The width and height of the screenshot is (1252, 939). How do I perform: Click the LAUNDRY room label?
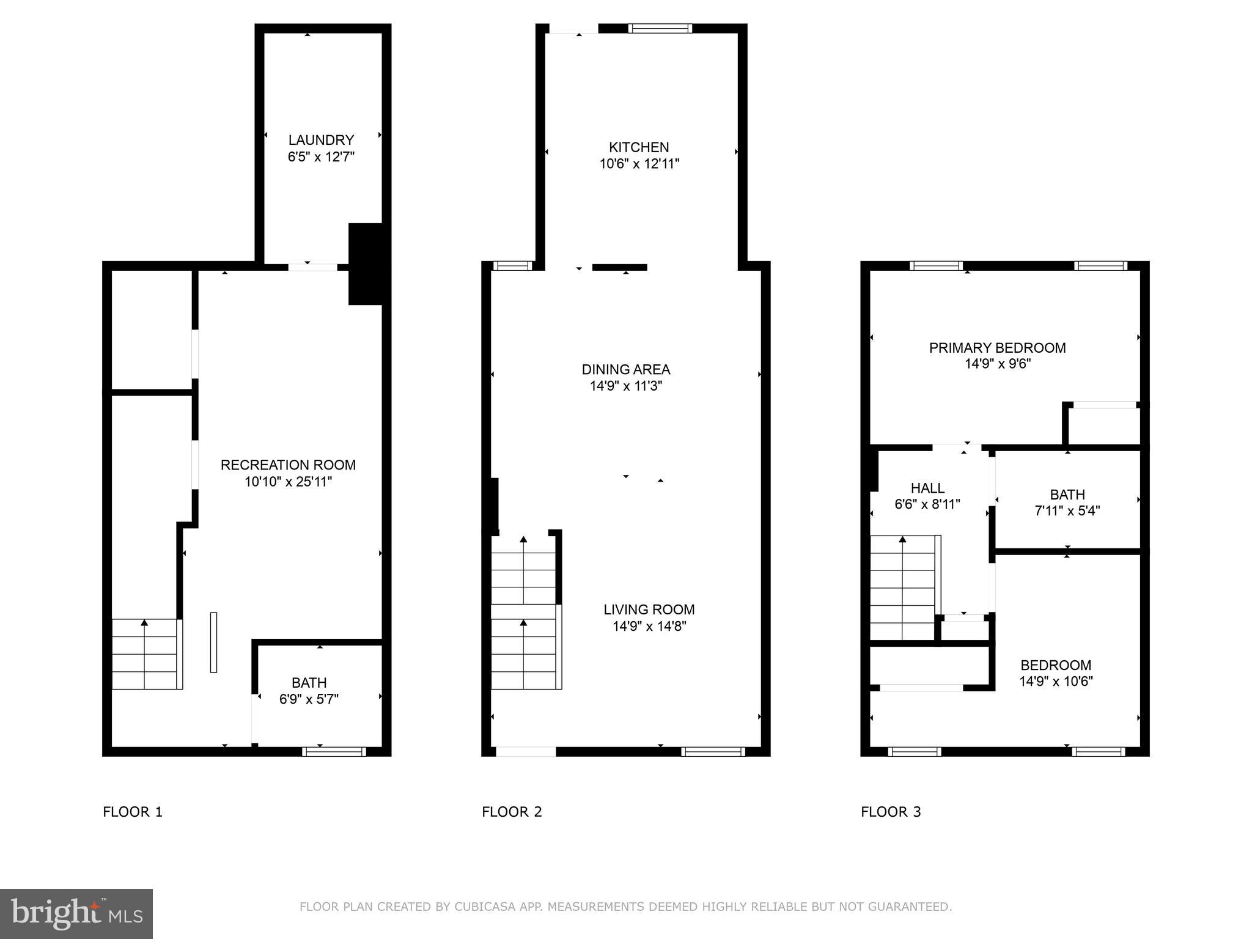coord(321,140)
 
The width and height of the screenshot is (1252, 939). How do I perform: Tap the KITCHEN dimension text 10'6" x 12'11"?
coord(639,164)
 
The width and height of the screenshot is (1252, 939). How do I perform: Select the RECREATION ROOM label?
coord(288,465)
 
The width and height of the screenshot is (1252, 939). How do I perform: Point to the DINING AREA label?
coord(625,369)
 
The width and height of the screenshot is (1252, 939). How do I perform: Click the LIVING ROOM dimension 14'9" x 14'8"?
coord(649,626)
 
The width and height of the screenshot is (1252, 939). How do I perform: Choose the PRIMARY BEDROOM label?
coord(997,348)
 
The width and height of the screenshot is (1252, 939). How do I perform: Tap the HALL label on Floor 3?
coord(927,488)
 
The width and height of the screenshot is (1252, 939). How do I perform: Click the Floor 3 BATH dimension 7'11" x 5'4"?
coord(1067,511)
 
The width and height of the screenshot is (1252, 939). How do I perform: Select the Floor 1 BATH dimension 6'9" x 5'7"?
coord(309,699)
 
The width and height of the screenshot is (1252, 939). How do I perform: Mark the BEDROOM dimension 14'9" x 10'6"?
coord(1056,681)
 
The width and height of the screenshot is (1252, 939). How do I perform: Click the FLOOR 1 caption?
coord(133,812)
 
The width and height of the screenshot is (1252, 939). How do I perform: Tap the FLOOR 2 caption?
coord(512,812)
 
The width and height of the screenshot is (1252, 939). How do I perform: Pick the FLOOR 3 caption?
coord(891,812)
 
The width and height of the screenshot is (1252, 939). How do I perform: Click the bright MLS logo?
coord(76,913)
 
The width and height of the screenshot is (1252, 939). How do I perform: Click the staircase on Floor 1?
coord(145,654)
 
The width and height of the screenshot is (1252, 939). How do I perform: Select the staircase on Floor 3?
coord(903,587)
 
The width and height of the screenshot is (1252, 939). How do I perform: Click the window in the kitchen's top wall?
coord(660,28)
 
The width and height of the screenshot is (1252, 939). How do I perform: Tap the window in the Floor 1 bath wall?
coord(334,751)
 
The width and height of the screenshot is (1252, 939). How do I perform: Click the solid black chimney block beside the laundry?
coord(366,264)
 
